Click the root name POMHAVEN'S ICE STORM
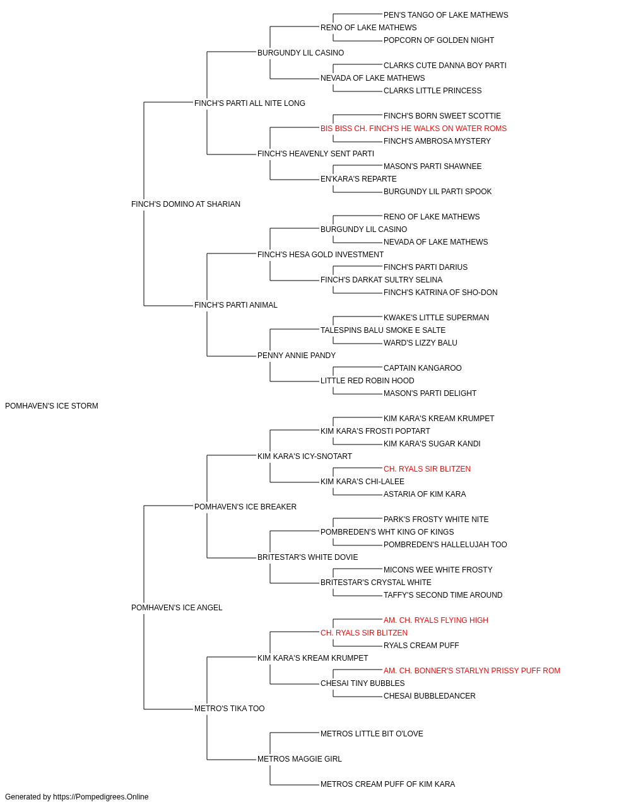pyautogui.click(x=52, y=406)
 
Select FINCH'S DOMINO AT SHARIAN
pyautogui.click(x=186, y=204)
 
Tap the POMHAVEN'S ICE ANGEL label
pyautogui.click(x=177, y=608)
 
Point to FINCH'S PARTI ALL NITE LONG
pyautogui.click(x=249, y=103)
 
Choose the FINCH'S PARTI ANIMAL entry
pyautogui.click(x=235, y=305)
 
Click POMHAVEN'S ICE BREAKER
pyautogui.click(x=245, y=507)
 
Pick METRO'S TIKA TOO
pyautogui.click(x=229, y=709)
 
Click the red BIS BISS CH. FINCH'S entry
pyautogui.click(x=413, y=129)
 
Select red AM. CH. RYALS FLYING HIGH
pyautogui.click(x=435, y=620)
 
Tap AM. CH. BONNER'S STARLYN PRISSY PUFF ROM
pyautogui.click(x=471, y=671)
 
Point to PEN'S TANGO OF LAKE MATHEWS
pyautogui.click(x=445, y=15)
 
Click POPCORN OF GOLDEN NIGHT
pyautogui.click(x=439, y=40)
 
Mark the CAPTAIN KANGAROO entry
pyautogui.click(x=422, y=368)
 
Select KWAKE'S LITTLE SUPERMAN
pyautogui.click(x=436, y=318)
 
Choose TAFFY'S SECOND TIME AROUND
pyautogui.click(x=442, y=595)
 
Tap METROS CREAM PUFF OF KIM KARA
pyautogui.click(x=387, y=784)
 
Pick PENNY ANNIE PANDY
pyautogui.click(x=296, y=356)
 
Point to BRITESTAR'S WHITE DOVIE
pyautogui.click(x=307, y=557)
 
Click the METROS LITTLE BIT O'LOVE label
pyautogui.click(x=372, y=734)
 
